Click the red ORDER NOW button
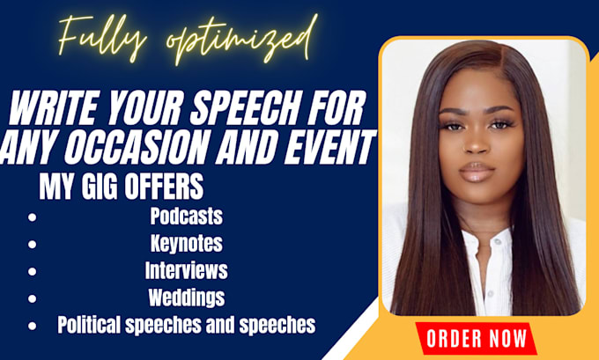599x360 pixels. point(477,338)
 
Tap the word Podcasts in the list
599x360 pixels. point(187,216)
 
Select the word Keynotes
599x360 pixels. point(187,243)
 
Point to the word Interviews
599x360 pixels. point(187,270)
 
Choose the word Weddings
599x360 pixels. point(187,298)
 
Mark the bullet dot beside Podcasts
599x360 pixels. point(32,217)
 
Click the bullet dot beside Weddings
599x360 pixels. point(32,298)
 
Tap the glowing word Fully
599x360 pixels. point(102,38)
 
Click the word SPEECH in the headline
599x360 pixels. point(245,109)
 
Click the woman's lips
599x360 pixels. point(477,172)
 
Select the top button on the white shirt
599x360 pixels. point(498,242)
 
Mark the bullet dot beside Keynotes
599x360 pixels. point(32,245)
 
